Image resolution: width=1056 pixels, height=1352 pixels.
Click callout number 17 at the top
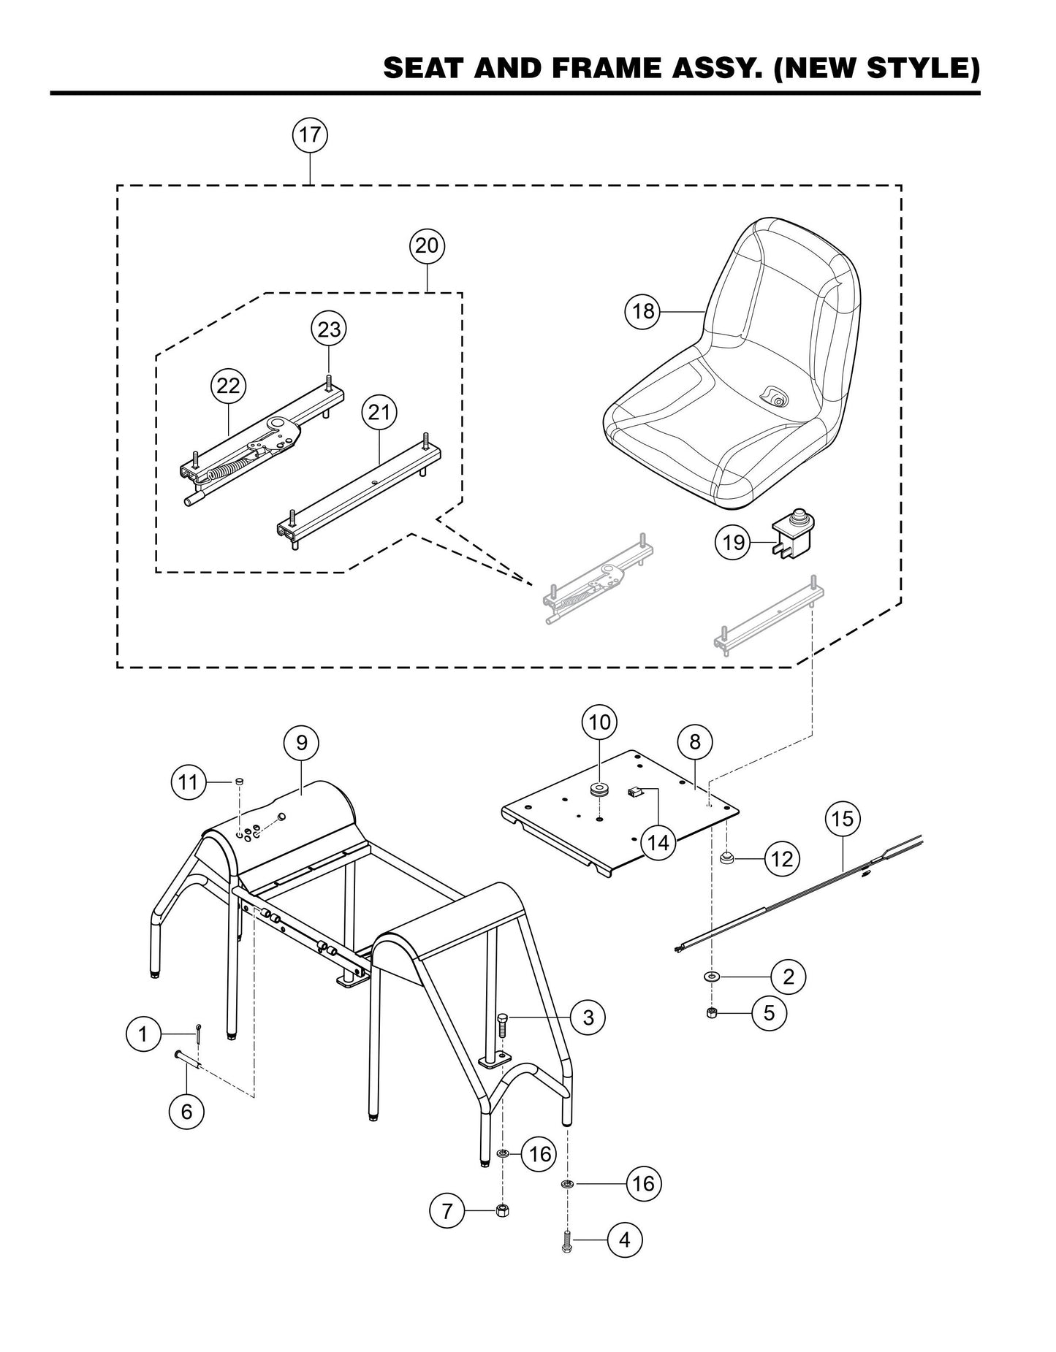coord(310,135)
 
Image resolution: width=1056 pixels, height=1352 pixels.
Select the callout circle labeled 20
coord(426,245)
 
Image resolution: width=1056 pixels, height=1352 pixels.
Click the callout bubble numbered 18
coord(643,312)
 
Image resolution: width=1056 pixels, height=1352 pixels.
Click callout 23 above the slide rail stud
coord(329,329)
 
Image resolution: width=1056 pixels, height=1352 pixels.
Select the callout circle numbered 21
coord(379,413)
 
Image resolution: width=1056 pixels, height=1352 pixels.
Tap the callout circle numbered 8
coord(694,742)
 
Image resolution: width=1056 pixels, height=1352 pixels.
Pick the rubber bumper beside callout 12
coord(727,858)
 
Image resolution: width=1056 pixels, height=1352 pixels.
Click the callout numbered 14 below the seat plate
coord(658,843)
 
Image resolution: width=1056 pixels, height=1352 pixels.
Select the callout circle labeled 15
coord(843,819)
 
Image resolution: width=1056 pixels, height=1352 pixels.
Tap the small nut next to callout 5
coord(712,1012)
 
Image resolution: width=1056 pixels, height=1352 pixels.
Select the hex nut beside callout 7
coord(502,1211)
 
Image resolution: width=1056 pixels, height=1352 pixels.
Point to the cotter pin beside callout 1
coord(199,1033)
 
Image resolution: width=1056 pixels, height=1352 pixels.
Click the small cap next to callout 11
coord(238,782)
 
